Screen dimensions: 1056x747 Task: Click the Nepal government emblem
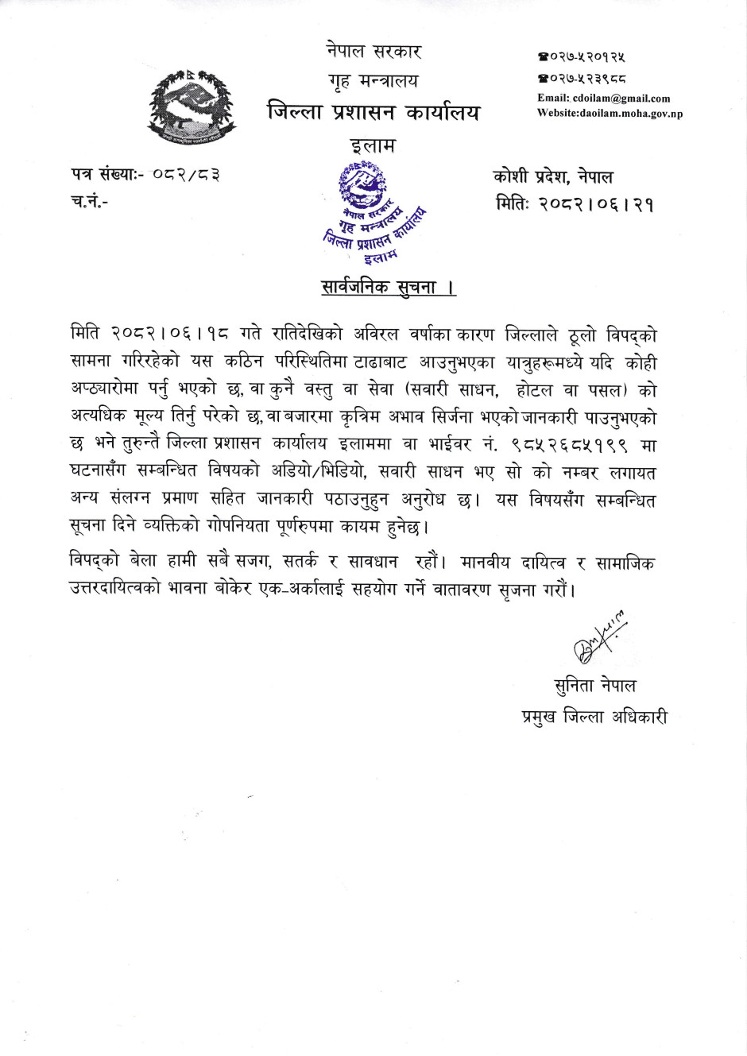(x=191, y=106)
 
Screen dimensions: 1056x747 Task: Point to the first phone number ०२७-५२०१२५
(x=582, y=57)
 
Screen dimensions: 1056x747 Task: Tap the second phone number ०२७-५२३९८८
(x=582, y=79)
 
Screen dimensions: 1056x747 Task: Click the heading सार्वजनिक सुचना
(x=388, y=287)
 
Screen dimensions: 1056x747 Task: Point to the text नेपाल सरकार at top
(x=373, y=52)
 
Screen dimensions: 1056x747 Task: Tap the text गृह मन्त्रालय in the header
(x=373, y=81)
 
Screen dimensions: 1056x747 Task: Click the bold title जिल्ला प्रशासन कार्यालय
(x=373, y=113)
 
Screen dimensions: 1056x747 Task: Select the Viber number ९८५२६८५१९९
(x=570, y=445)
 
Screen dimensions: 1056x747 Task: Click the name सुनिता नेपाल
(x=594, y=685)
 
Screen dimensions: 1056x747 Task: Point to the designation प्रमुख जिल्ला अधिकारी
(x=594, y=717)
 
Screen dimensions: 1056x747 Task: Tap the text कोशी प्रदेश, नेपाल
(x=552, y=176)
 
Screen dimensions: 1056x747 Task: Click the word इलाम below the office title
(x=373, y=146)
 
